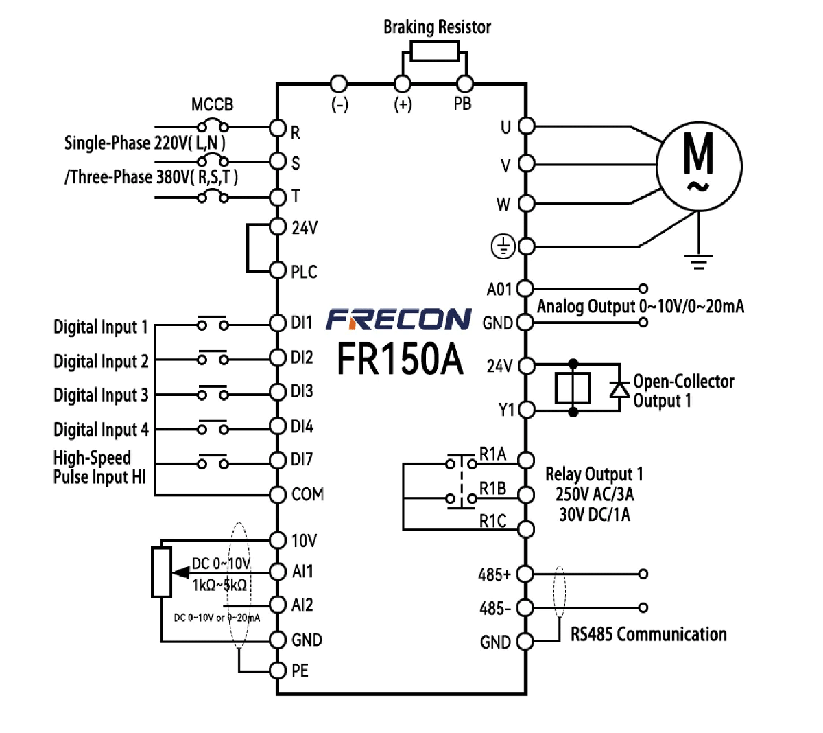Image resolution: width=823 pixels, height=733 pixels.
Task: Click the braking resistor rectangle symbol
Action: [x=435, y=51]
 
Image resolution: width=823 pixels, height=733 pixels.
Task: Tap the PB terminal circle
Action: [x=465, y=84]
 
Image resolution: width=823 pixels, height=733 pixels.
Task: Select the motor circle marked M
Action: [x=699, y=165]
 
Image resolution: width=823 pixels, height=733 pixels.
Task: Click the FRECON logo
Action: [x=398, y=319]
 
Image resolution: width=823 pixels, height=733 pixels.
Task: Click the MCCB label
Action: [x=212, y=105]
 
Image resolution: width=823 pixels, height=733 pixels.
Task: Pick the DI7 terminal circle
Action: [x=277, y=460]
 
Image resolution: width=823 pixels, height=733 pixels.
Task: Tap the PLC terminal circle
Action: [x=277, y=270]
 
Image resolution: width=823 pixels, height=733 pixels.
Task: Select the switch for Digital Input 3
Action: [x=213, y=393]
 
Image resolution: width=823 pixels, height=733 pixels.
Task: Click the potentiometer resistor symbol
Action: [x=162, y=572]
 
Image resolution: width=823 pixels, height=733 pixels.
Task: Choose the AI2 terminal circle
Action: [x=277, y=605]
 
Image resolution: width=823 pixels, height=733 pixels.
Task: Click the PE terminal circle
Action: [x=277, y=670]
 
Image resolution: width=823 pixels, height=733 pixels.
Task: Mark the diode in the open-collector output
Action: [x=620, y=388]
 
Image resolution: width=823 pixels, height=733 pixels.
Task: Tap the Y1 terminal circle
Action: [x=526, y=410]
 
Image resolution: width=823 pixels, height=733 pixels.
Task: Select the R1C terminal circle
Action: [x=526, y=529]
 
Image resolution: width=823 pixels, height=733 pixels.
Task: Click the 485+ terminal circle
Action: [x=525, y=573]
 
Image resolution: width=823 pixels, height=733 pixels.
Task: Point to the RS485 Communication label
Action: [x=648, y=634]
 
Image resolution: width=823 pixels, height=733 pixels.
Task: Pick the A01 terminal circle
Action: [x=525, y=289]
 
